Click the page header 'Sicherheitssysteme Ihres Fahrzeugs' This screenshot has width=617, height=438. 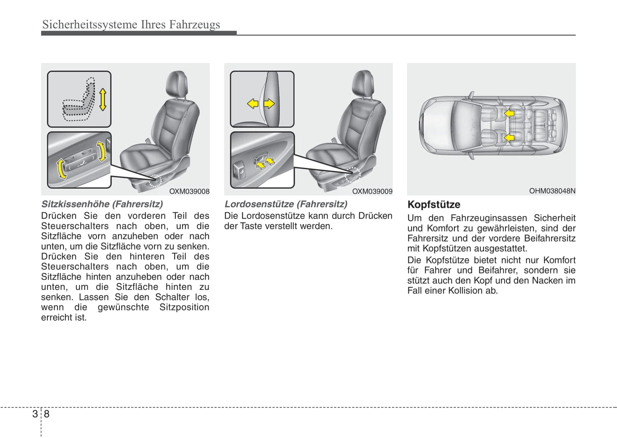click(131, 24)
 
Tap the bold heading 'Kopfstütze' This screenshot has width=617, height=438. click(434, 204)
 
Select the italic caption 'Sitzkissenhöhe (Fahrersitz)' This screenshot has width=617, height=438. click(102, 204)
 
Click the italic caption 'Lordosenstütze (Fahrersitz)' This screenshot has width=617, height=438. click(286, 204)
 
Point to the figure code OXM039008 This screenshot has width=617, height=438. click(189, 191)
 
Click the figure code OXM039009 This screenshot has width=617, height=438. click(372, 191)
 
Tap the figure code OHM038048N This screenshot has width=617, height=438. click(552, 191)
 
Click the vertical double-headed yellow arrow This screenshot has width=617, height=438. click(102, 99)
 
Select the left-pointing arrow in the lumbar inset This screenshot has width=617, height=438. click(253, 103)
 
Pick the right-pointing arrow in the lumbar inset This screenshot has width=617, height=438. click(269, 103)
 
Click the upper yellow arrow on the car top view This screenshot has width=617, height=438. click(509, 113)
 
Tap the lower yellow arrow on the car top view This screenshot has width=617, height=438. click(509, 137)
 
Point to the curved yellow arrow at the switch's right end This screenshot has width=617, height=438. click(102, 152)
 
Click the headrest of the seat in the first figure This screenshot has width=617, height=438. click(177, 83)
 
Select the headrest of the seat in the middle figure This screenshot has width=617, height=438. click(363, 83)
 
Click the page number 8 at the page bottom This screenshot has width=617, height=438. click(47, 414)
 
